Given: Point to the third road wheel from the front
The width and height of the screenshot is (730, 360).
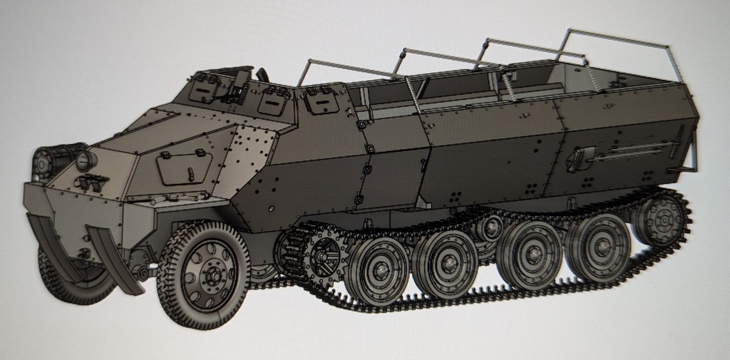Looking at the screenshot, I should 530,253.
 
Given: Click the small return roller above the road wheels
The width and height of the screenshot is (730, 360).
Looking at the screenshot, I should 490,227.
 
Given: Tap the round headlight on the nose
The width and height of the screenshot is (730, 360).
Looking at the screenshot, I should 86,160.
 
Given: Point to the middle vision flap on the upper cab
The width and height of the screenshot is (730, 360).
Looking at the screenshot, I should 272,101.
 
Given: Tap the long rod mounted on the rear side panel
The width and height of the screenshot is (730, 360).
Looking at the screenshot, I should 634,150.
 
